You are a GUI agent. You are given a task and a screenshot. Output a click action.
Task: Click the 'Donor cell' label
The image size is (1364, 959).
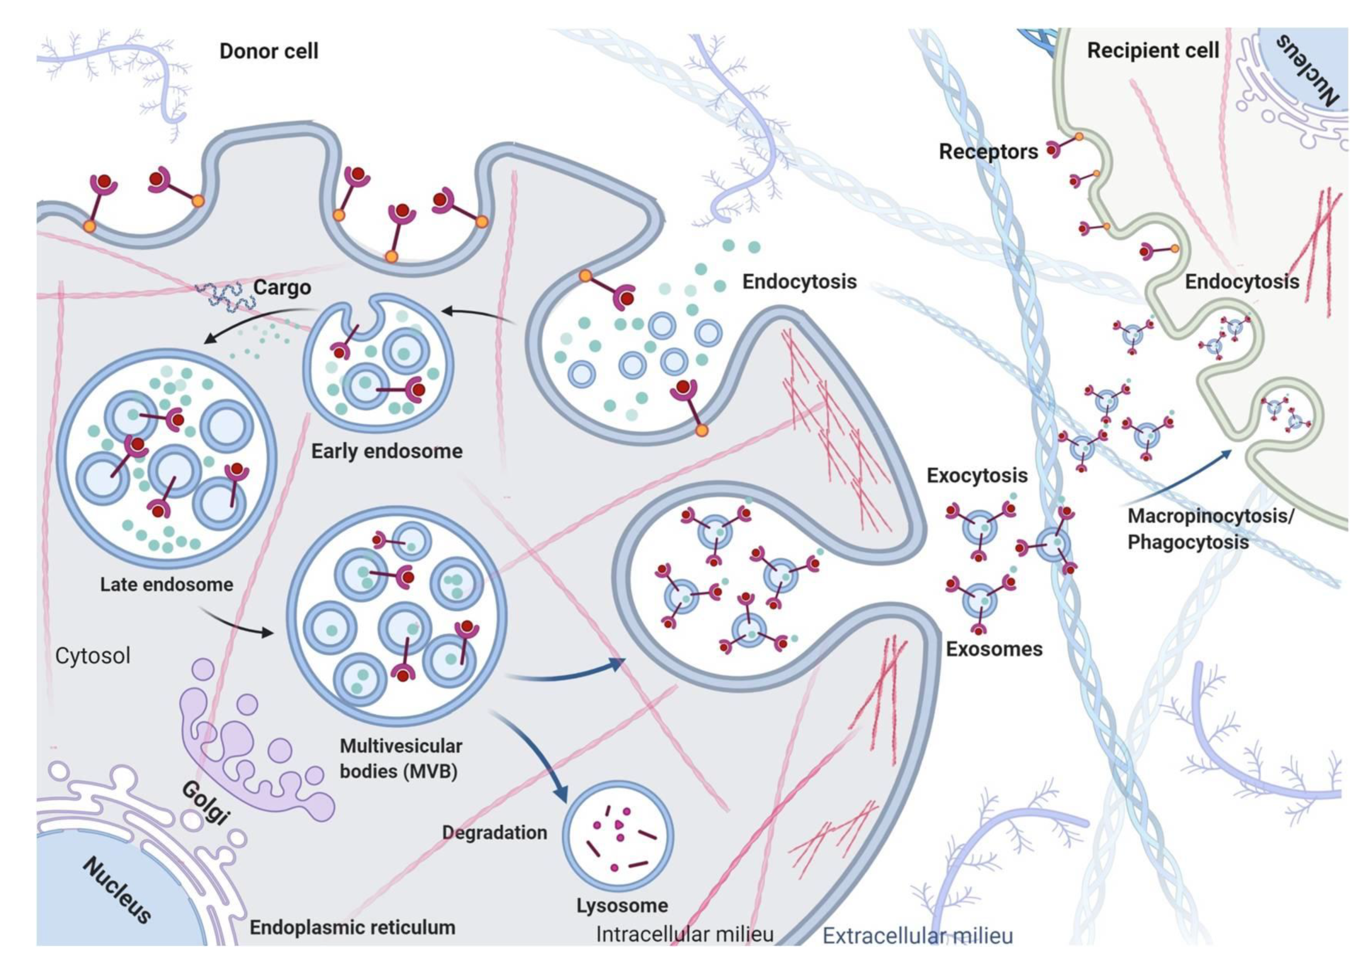point(269,51)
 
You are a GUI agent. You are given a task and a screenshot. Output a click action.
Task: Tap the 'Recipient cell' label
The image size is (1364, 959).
point(1152,51)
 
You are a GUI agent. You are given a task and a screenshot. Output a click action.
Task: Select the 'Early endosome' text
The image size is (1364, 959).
point(387,451)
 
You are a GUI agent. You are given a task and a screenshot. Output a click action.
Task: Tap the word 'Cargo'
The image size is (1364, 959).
point(282,288)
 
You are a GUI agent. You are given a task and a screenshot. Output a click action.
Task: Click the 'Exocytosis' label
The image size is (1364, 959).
point(977,475)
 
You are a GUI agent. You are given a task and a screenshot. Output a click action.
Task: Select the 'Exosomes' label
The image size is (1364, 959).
point(994,649)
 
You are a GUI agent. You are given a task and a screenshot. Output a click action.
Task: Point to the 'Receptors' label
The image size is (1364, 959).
point(988,151)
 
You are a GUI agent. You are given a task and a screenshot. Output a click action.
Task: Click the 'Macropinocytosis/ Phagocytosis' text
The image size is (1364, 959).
point(1209,528)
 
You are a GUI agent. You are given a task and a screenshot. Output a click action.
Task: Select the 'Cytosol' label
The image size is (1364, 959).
point(93,656)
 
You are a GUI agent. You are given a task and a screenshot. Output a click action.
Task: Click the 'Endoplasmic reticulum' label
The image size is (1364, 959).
point(352,927)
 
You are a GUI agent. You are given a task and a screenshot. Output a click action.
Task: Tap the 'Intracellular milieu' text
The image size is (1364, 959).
point(684,934)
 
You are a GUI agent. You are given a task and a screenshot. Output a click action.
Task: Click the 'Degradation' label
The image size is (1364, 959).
point(494,833)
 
